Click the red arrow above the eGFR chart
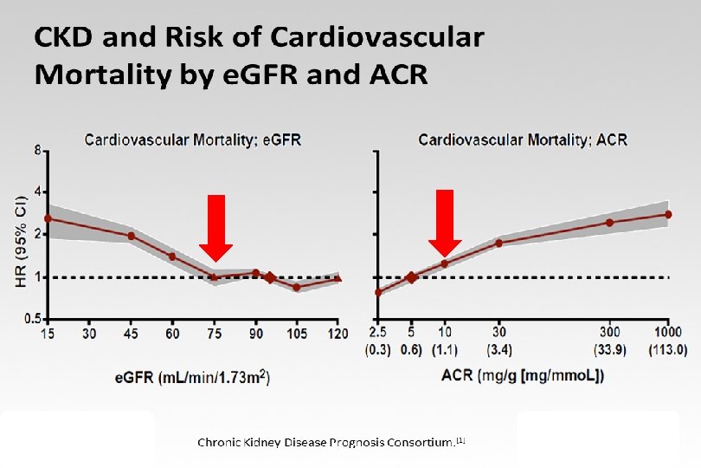coord(216,227)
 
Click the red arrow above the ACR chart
coord(445,222)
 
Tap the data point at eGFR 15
coord(48,218)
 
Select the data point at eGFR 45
coord(132,236)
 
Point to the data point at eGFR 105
coord(297,287)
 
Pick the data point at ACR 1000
coord(668,214)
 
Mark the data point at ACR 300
coord(609,223)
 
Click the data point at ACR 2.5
coord(378,292)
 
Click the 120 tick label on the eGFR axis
coord(338,334)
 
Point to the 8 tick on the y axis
coord(37,150)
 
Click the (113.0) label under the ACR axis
coord(668,350)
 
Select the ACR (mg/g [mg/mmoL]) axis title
coord(523,375)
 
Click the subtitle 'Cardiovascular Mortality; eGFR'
coord(192,139)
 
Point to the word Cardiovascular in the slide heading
coord(377,38)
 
